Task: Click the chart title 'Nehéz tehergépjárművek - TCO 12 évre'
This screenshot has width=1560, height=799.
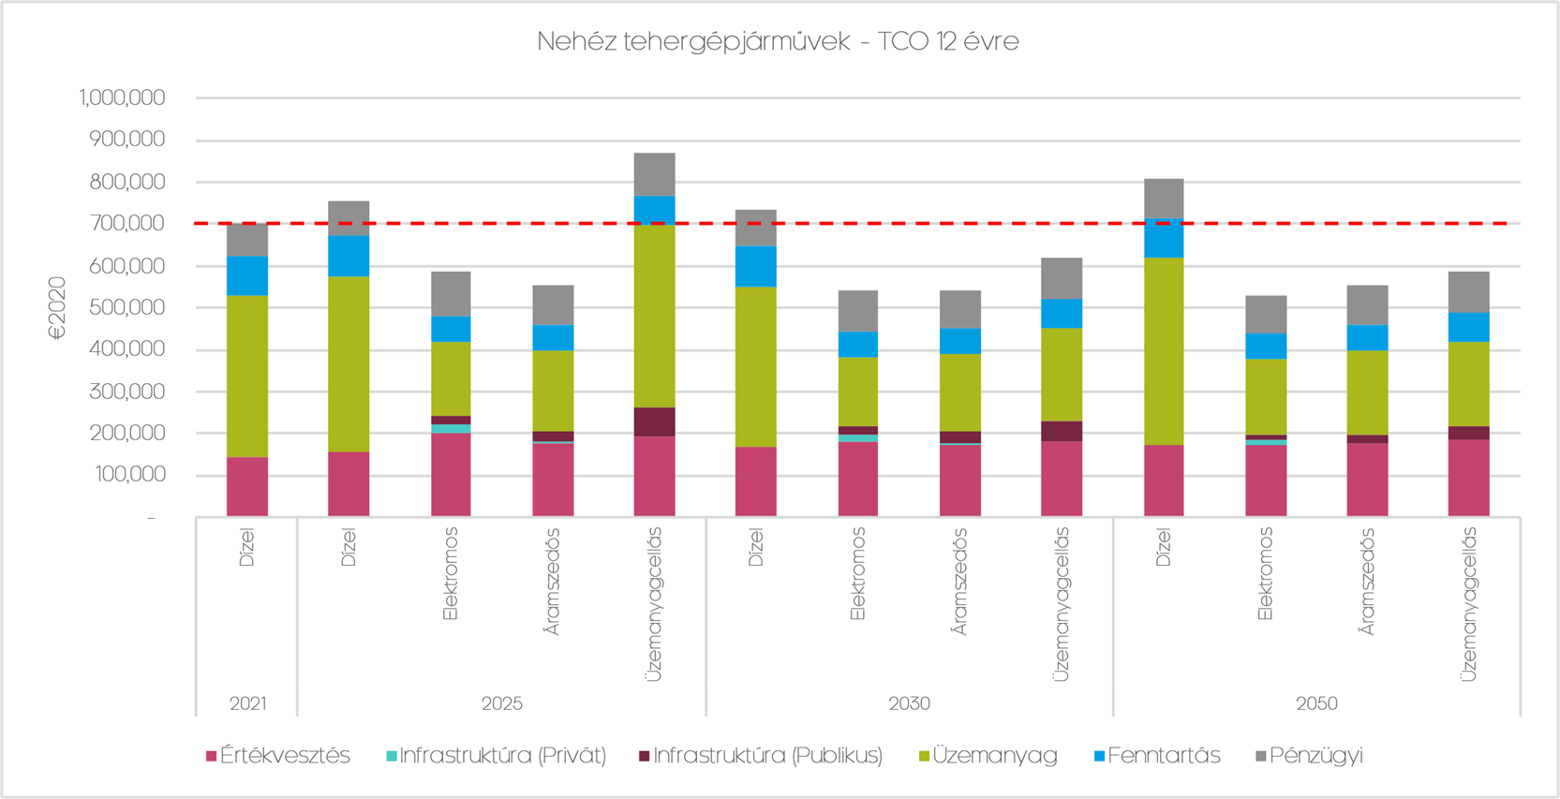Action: (x=778, y=42)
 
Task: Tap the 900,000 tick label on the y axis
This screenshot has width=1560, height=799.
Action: (x=126, y=140)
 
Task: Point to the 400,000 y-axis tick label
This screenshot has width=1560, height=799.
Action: (x=126, y=349)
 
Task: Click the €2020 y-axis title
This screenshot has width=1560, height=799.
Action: (x=58, y=307)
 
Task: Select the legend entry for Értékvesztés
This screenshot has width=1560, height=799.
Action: (x=278, y=756)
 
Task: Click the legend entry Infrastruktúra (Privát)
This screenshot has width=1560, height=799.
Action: (x=497, y=756)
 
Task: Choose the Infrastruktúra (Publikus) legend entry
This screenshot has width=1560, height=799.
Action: (x=761, y=756)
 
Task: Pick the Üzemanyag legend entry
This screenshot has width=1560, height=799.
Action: (x=988, y=756)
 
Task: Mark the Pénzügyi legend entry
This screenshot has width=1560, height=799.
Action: (x=1309, y=756)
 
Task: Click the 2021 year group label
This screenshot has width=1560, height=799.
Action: (x=247, y=703)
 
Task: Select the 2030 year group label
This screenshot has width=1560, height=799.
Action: (x=909, y=703)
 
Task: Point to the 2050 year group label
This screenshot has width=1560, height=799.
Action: (x=1316, y=703)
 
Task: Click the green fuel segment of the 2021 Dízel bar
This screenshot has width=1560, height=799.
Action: (x=247, y=375)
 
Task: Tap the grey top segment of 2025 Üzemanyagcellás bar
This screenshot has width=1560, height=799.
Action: (x=654, y=174)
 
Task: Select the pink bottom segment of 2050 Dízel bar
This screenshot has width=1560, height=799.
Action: (x=1164, y=481)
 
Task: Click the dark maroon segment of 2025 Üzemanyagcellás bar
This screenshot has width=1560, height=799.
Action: (x=654, y=422)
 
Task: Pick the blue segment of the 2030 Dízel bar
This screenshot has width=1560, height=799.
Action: (x=756, y=266)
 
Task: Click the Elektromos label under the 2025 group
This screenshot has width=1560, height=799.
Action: (x=451, y=574)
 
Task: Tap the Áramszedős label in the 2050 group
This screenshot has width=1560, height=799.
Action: (x=1367, y=582)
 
